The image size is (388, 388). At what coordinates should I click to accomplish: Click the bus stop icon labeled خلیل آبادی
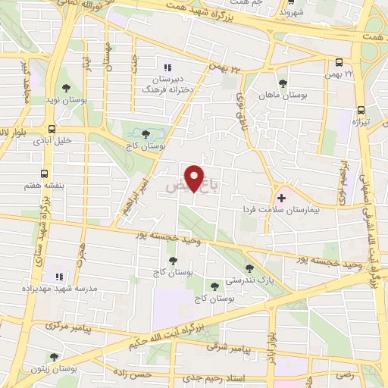coord(52,129)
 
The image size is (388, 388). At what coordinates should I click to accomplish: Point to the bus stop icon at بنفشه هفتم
coord(45,173)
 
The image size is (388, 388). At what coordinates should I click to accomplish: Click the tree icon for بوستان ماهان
coord(283,83)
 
